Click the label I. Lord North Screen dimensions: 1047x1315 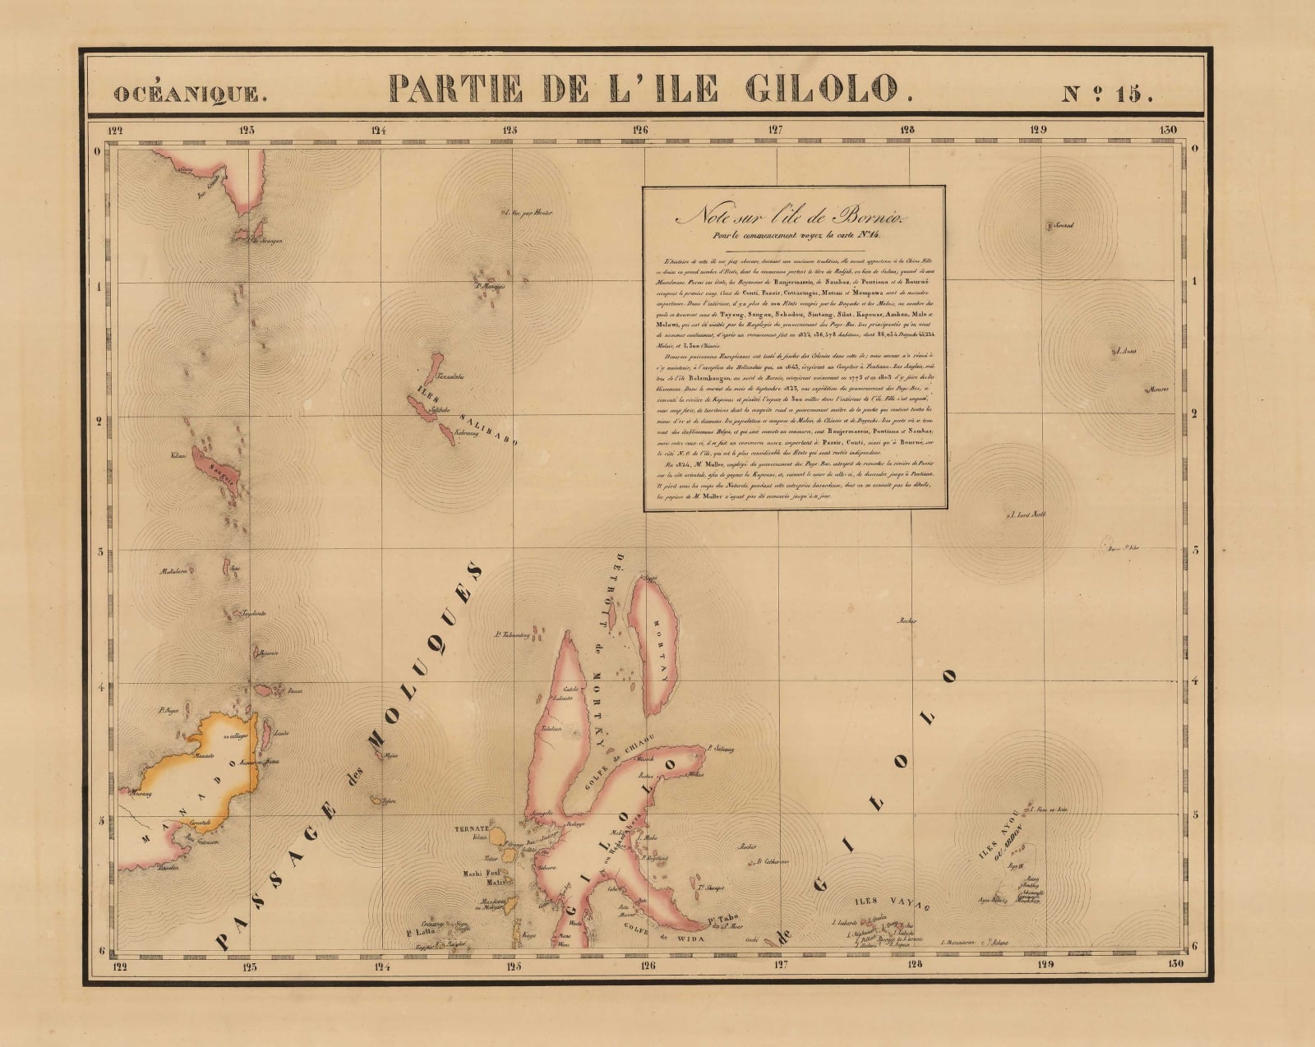tap(1027, 515)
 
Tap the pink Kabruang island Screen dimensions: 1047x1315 tap(447, 432)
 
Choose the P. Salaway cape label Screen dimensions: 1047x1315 tap(719, 750)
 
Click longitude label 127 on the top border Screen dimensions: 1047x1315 tap(774, 129)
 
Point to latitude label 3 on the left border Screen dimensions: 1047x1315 tap(100, 551)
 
